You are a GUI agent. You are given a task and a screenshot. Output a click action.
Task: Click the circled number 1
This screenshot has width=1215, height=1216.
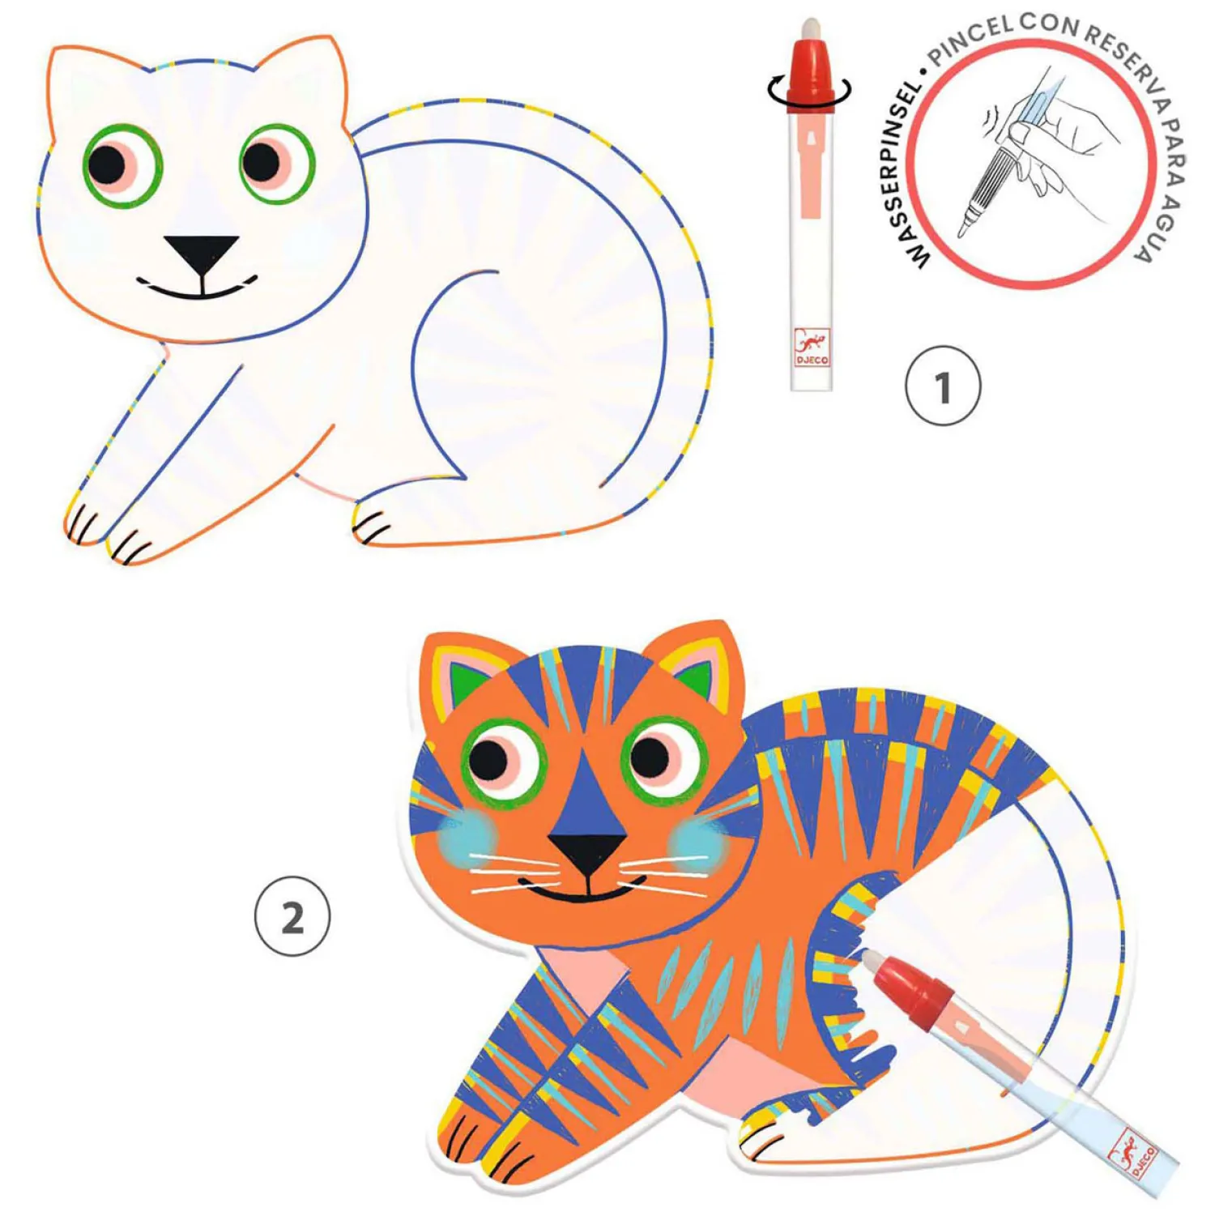tap(942, 386)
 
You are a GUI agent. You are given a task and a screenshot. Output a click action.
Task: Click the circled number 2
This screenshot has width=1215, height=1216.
tap(292, 916)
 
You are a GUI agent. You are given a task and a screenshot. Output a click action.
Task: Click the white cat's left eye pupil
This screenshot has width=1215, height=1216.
tap(107, 164)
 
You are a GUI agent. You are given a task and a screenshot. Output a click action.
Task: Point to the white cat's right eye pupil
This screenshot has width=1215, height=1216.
tap(261, 161)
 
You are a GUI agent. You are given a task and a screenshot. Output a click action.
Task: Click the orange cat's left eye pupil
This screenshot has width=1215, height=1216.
tap(488, 759)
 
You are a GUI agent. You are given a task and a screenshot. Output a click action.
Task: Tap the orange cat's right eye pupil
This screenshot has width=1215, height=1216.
tap(650, 757)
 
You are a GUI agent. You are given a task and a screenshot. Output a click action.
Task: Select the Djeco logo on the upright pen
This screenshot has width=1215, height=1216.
tap(812, 348)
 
